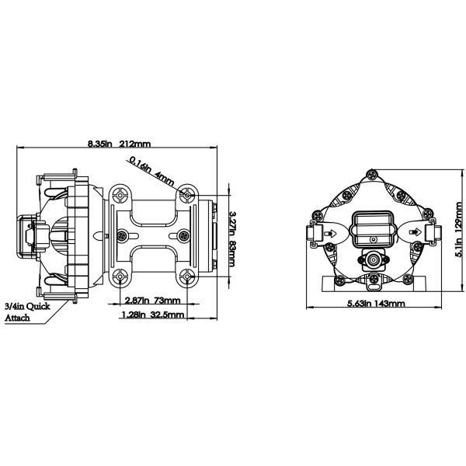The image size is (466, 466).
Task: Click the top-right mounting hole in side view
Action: (187, 191)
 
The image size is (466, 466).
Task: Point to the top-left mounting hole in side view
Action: (119, 191)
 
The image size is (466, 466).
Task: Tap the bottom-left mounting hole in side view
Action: (119, 276)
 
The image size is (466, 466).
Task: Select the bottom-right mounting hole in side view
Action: (187, 276)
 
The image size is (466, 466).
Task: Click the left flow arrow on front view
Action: (330, 231)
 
